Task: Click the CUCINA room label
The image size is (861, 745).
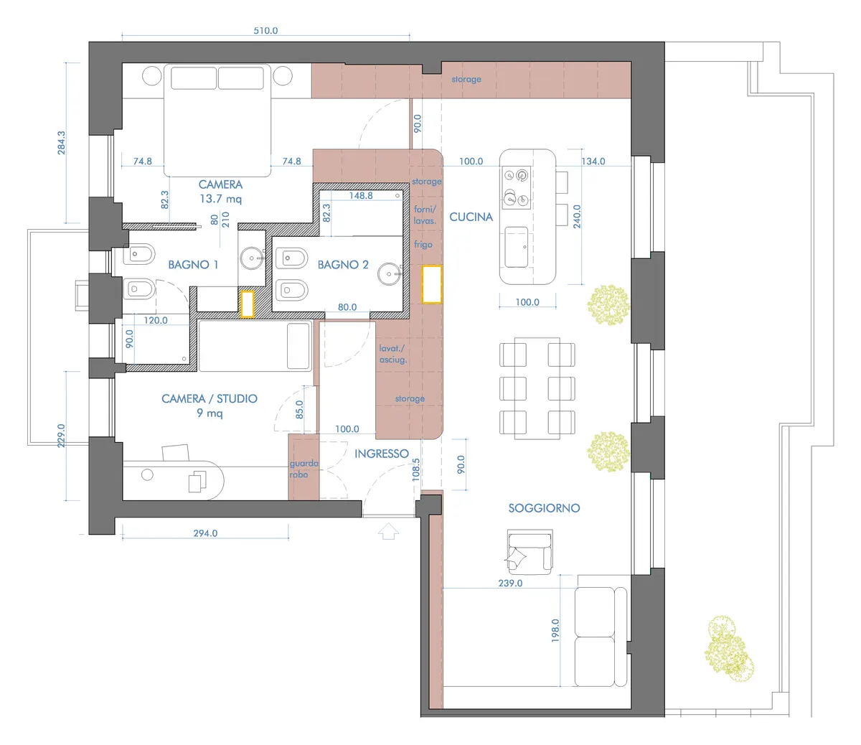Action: pyautogui.click(x=471, y=217)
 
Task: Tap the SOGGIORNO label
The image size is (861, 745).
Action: pyautogui.click(x=544, y=508)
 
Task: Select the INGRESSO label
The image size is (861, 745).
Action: pyautogui.click(x=382, y=454)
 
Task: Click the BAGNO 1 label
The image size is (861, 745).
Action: pyautogui.click(x=193, y=265)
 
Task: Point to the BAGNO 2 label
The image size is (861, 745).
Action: pyautogui.click(x=343, y=265)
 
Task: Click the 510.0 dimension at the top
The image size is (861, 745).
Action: pyautogui.click(x=265, y=30)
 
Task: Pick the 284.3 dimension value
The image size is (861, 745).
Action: pyautogui.click(x=61, y=143)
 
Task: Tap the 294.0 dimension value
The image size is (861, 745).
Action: pyautogui.click(x=205, y=533)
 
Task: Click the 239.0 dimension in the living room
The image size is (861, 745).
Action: pyautogui.click(x=510, y=584)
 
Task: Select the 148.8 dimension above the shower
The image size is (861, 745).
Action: pyautogui.click(x=361, y=195)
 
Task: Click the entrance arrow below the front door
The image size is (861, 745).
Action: pyautogui.click(x=388, y=531)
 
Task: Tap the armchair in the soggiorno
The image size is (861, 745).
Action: pyautogui.click(x=530, y=552)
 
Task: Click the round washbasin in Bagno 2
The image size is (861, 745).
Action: pyautogui.click(x=390, y=274)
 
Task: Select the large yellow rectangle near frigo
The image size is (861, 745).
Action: pyautogui.click(x=432, y=284)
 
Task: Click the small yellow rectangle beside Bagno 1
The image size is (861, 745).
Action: pyautogui.click(x=248, y=304)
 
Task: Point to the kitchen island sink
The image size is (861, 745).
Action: pyautogui.click(x=517, y=247)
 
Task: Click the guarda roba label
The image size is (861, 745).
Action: pyautogui.click(x=304, y=469)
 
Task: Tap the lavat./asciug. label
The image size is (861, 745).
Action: pyautogui.click(x=392, y=354)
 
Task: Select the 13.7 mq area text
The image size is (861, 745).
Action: pyautogui.click(x=220, y=199)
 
